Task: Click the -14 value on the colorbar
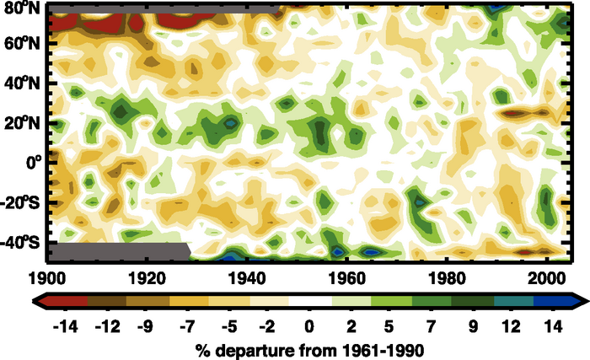tap(63, 325)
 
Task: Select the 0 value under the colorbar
tap(309, 325)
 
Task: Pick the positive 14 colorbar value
tap(556, 325)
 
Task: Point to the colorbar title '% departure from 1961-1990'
tap(309, 347)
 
